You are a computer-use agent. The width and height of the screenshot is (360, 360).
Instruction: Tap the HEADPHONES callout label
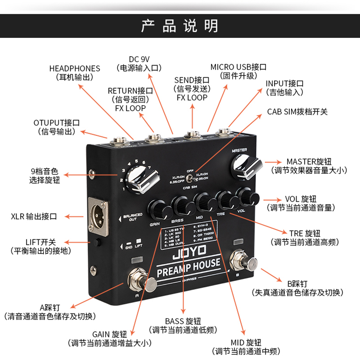pyautogui.click(x=75, y=73)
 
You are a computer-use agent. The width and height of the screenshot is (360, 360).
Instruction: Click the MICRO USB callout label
pyautogui.click(x=238, y=71)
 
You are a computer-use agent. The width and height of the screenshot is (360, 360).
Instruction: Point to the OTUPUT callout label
pyautogui.click(x=57, y=127)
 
